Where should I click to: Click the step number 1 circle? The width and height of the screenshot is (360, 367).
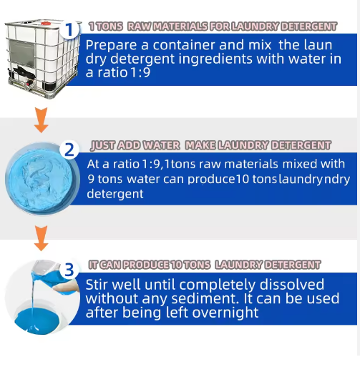point(69,29)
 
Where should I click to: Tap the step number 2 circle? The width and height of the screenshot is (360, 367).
point(69,150)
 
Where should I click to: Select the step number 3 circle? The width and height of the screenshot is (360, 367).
point(69,270)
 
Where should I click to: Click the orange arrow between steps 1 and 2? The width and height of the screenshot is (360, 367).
point(41,120)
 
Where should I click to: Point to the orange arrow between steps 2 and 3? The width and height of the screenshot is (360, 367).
point(41,238)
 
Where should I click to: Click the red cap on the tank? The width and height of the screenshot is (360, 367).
point(45,24)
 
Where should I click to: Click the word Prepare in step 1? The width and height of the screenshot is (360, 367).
point(111,46)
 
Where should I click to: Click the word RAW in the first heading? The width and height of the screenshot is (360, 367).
point(139,26)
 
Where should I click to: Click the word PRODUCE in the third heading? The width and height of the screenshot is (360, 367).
point(147,265)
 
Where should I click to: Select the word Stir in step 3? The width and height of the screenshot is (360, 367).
point(97,285)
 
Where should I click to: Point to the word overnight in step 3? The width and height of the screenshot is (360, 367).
point(225,313)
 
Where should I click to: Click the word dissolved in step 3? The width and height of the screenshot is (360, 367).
point(292,284)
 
